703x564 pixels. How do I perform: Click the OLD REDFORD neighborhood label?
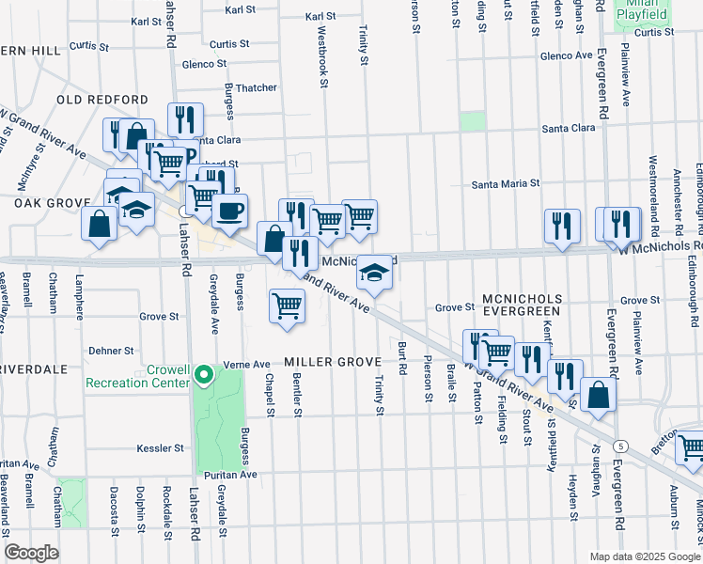pos(102,100)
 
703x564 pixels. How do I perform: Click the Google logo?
pos(31,553)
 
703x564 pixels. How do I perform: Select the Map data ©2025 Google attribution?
pos(645,556)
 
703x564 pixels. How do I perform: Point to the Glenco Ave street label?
pos(566,56)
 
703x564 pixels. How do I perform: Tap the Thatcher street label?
pos(256,88)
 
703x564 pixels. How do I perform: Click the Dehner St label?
pos(110,351)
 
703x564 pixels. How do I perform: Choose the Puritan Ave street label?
pos(233,476)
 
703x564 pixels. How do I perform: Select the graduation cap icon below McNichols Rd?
pos(374,274)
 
